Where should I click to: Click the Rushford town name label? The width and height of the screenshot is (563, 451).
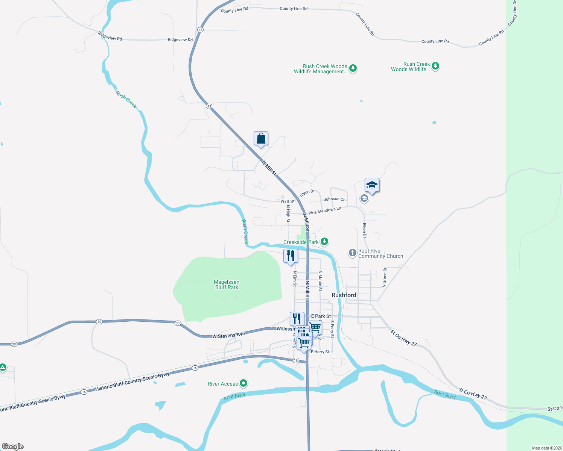[x=344, y=295]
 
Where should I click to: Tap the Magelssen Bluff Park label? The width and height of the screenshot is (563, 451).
[x=227, y=285]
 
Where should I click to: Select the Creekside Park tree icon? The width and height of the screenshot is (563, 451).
[x=324, y=242]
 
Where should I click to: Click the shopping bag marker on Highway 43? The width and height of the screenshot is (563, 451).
[x=261, y=139]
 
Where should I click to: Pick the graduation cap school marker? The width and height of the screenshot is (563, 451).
[x=372, y=185]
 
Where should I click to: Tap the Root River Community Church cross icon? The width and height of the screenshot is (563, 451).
[x=352, y=253]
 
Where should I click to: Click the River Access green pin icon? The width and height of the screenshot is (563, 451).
[x=243, y=383]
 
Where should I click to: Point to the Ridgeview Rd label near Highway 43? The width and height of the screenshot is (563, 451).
[x=180, y=39]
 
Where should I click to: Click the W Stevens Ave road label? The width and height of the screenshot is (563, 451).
[x=228, y=335]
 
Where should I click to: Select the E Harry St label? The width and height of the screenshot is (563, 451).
[x=320, y=352]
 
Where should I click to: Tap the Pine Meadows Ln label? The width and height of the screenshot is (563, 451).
[x=324, y=210]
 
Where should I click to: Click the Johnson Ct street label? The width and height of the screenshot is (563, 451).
[x=334, y=199]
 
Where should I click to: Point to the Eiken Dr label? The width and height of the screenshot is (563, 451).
[x=364, y=230]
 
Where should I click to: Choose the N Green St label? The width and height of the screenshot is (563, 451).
[x=384, y=277]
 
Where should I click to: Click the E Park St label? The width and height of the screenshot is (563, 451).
[x=321, y=316]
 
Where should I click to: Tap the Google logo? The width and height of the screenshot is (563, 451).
[x=13, y=446]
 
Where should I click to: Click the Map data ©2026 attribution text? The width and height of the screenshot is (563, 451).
[x=546, y=448]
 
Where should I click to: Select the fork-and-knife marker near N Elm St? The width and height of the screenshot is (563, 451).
[x=291, y=256]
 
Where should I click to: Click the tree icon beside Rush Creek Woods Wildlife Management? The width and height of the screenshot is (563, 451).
[x=353, y=68]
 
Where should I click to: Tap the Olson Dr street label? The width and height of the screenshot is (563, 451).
[x=307, y=193]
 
